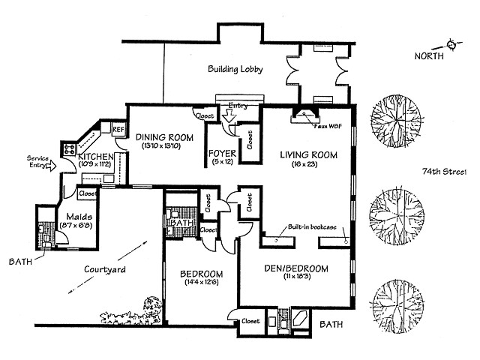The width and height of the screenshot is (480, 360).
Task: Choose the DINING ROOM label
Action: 163,137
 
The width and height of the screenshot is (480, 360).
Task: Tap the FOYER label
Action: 222,156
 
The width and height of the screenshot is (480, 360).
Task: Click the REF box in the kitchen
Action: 118,129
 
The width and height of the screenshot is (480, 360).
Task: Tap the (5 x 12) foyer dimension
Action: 222,165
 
